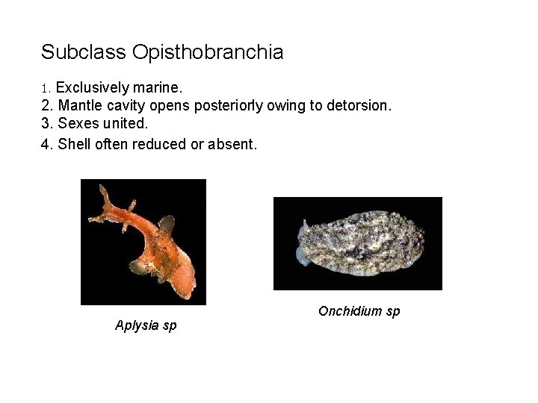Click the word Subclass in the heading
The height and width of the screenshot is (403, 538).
84,52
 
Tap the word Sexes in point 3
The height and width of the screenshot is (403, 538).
76,124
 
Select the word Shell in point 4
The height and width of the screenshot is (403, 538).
73,143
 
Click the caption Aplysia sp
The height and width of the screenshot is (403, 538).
146,325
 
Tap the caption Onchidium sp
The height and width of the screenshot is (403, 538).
359,310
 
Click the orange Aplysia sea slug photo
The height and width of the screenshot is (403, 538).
143,242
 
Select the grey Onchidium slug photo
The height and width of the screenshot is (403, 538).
357,243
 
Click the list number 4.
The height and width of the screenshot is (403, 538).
46,143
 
